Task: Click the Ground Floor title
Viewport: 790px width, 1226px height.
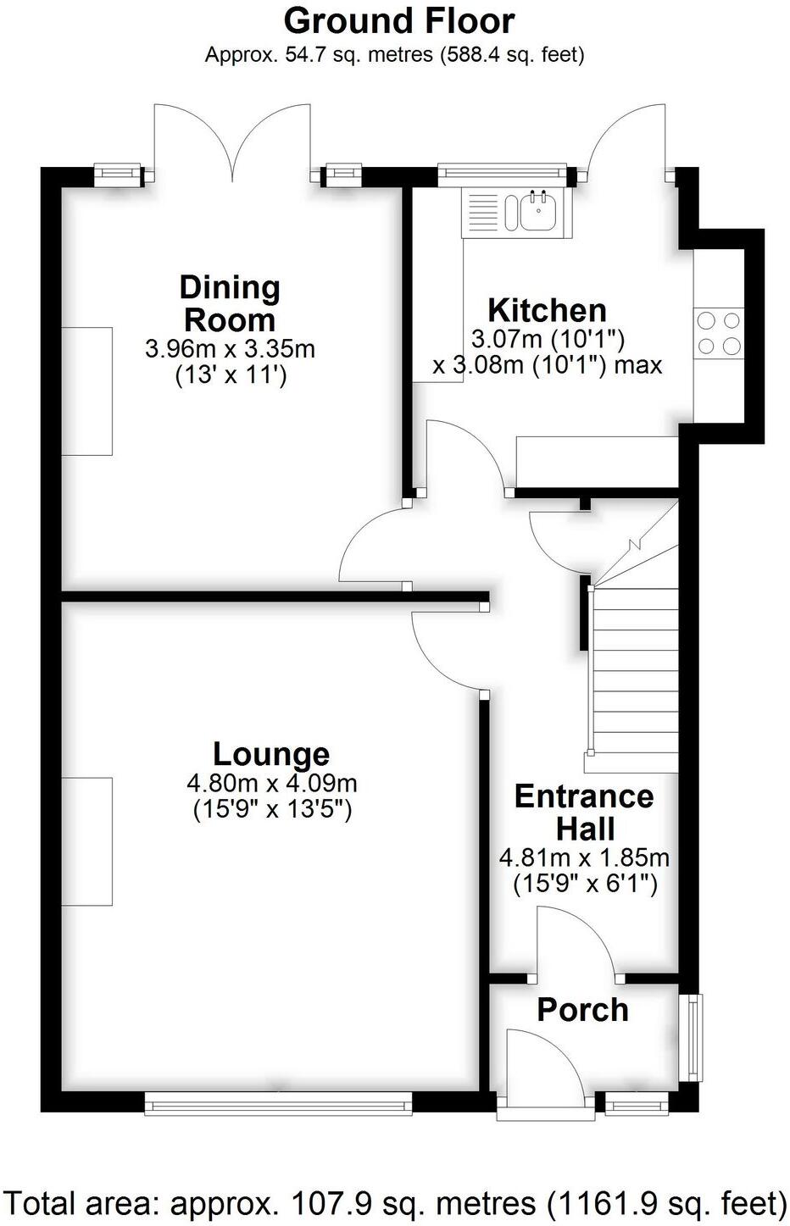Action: (x=398, y=20)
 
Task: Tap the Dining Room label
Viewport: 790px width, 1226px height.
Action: (x=230, y=304)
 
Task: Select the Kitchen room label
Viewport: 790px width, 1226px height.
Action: (x=547, y=310)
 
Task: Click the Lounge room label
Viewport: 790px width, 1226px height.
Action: (x=271, y=753)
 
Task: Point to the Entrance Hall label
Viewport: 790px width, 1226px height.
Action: (x=584, y=812)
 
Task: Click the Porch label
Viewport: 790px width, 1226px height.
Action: (x=583, y=1010)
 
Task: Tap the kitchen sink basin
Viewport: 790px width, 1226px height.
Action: (x=536, y=212)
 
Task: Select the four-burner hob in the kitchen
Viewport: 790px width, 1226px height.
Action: (x=718, y=334)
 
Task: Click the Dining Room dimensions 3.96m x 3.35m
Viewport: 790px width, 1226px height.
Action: (x=230, y=348)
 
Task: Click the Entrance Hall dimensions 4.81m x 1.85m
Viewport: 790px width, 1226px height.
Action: (x=584, y=857)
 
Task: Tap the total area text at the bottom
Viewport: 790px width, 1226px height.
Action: (x=395, y=1203)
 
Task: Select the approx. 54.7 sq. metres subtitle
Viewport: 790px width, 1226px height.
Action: (x=395, y=55)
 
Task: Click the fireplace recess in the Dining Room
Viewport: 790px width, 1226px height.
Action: (x=86, y=391)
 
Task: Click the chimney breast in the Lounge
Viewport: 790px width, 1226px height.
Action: (x=86, y=841)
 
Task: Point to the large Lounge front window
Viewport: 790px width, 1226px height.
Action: (x=278, y=1101)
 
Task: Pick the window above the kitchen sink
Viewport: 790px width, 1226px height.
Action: (x=502, y=175)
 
